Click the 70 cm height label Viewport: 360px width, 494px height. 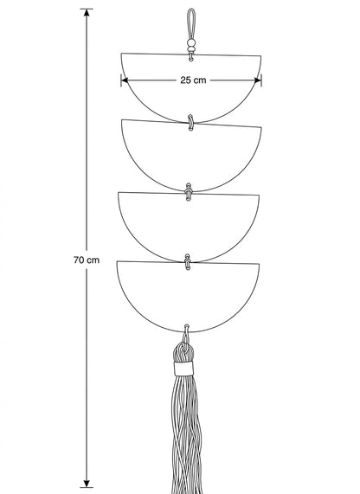click(x=87, y=260)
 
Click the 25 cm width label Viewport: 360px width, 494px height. click(x=193, y=80)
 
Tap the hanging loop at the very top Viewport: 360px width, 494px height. click(x=191, y=23)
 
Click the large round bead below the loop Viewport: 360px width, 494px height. click(x=191, y=43)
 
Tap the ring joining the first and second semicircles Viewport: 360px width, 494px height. click(x=190, y=123)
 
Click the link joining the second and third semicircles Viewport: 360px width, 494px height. click(x=189, y=192)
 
